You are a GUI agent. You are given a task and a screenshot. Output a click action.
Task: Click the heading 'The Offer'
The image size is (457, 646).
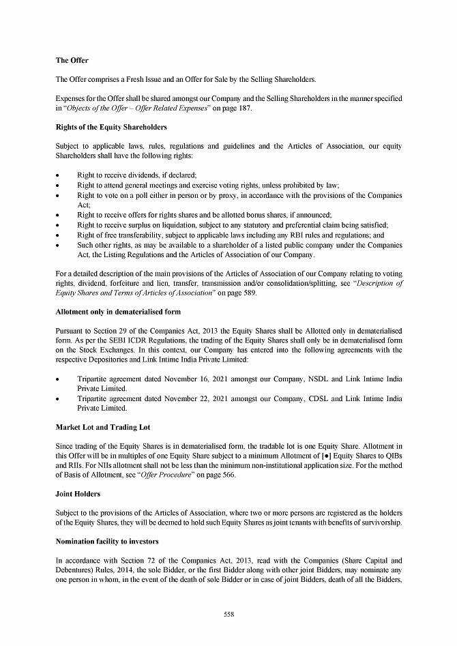tap(72, 61)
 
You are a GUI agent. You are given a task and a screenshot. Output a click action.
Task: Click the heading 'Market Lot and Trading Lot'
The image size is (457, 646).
tap(102, 427)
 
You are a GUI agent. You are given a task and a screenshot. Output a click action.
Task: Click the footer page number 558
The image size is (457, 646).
tap(228, 615)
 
